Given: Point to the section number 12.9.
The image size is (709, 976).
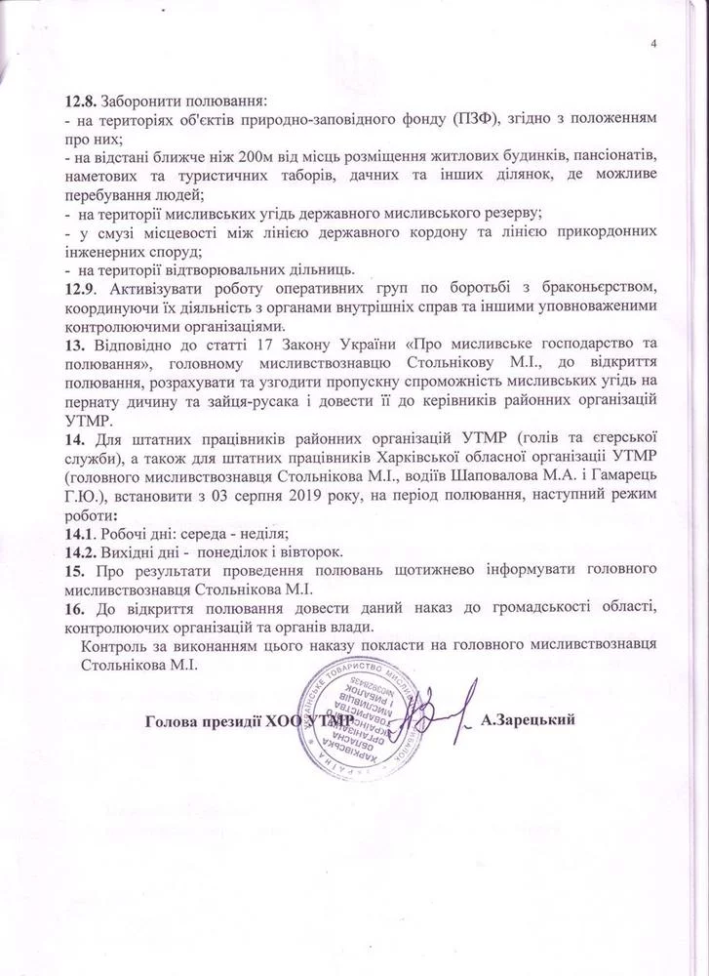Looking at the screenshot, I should tap(77, 288).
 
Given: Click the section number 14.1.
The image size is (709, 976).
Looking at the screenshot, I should tap(79, 533).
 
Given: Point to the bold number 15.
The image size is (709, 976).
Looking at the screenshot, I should tap(73, 569).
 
